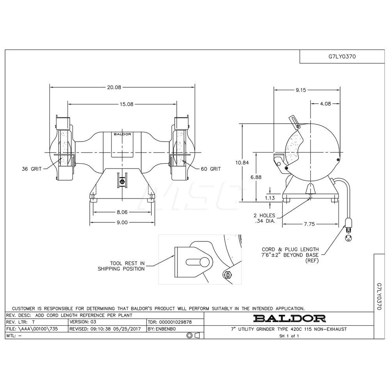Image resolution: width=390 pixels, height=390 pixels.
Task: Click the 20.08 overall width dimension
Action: [x=114, y=88]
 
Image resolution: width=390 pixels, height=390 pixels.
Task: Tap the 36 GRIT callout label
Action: [x=31, y=169]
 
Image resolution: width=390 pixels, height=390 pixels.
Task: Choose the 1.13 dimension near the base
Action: [x=269, y=198]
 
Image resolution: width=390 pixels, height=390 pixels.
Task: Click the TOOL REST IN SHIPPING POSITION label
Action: [x=121, y=266]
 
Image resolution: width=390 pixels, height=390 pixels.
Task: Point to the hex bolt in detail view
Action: [x=228, y=274]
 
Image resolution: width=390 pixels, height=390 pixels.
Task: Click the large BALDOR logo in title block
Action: [x=289, y=318]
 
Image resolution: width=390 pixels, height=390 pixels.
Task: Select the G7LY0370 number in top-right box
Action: [x=342, y=56]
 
